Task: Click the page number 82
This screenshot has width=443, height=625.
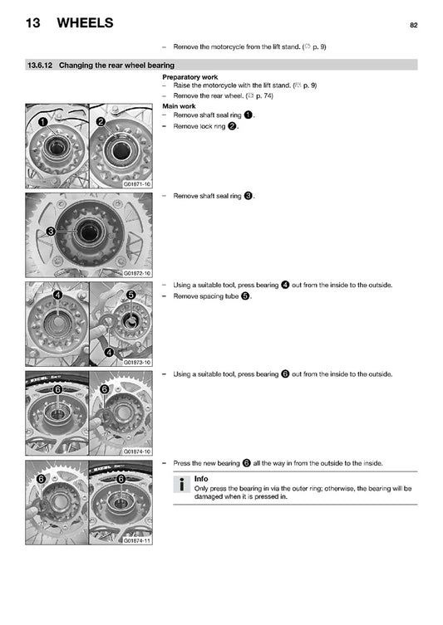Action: tap(413, 25)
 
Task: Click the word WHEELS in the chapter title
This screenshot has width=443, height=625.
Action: tap(85, 22)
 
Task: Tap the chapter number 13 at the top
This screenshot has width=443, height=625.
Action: tap(32, 22)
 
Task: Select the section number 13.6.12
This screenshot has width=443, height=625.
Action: tap(40, 65)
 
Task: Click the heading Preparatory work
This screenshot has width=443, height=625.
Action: tap(190, 77)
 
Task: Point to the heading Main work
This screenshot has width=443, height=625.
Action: tap(179, 106)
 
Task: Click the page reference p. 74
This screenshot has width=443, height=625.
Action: tap(263, 95)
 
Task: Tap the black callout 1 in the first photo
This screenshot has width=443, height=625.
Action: tap(42, 121)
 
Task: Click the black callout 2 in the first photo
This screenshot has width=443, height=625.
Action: tap(101, 121)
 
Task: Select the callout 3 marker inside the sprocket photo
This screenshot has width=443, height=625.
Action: tap(51, 232)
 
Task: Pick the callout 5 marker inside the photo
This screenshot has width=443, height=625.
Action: tap(130, 295)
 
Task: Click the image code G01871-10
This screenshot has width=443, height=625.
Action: tap(137, 184)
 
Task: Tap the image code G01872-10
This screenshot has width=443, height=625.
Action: tap(137, 273)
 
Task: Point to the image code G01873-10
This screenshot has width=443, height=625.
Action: tap(137, 363)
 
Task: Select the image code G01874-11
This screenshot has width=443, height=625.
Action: tap(137, 540)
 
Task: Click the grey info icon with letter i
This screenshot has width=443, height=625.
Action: tap(181, 484)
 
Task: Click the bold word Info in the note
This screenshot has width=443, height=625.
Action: tap(201, 479)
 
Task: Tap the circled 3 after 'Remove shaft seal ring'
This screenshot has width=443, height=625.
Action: tap(249, 196)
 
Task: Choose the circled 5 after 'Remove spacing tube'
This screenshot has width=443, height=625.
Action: tap(245, 296)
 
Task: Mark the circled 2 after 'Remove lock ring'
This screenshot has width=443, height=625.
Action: tap(232, 126)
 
